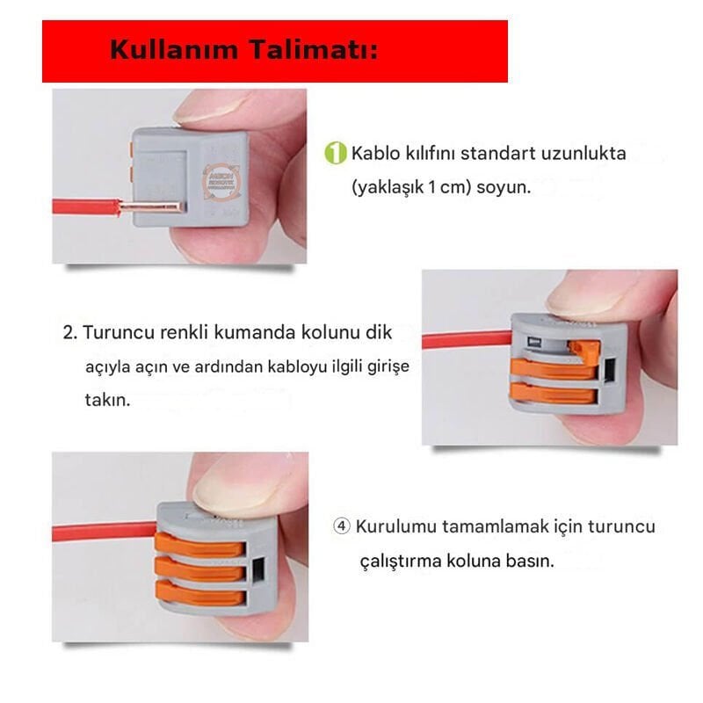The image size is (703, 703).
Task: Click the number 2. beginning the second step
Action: [70, 334]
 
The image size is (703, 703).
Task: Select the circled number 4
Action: [343, 526]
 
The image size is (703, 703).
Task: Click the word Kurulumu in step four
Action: [397, 526]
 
